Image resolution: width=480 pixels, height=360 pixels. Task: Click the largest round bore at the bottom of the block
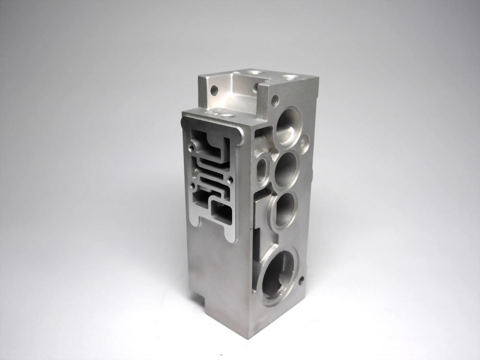tap(278, 273)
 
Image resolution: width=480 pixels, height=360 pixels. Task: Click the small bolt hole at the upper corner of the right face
tap(275, 101)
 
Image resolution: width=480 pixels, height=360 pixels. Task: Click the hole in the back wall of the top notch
tap(214, 89)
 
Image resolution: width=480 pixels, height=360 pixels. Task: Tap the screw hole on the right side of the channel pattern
tap(231, 180)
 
